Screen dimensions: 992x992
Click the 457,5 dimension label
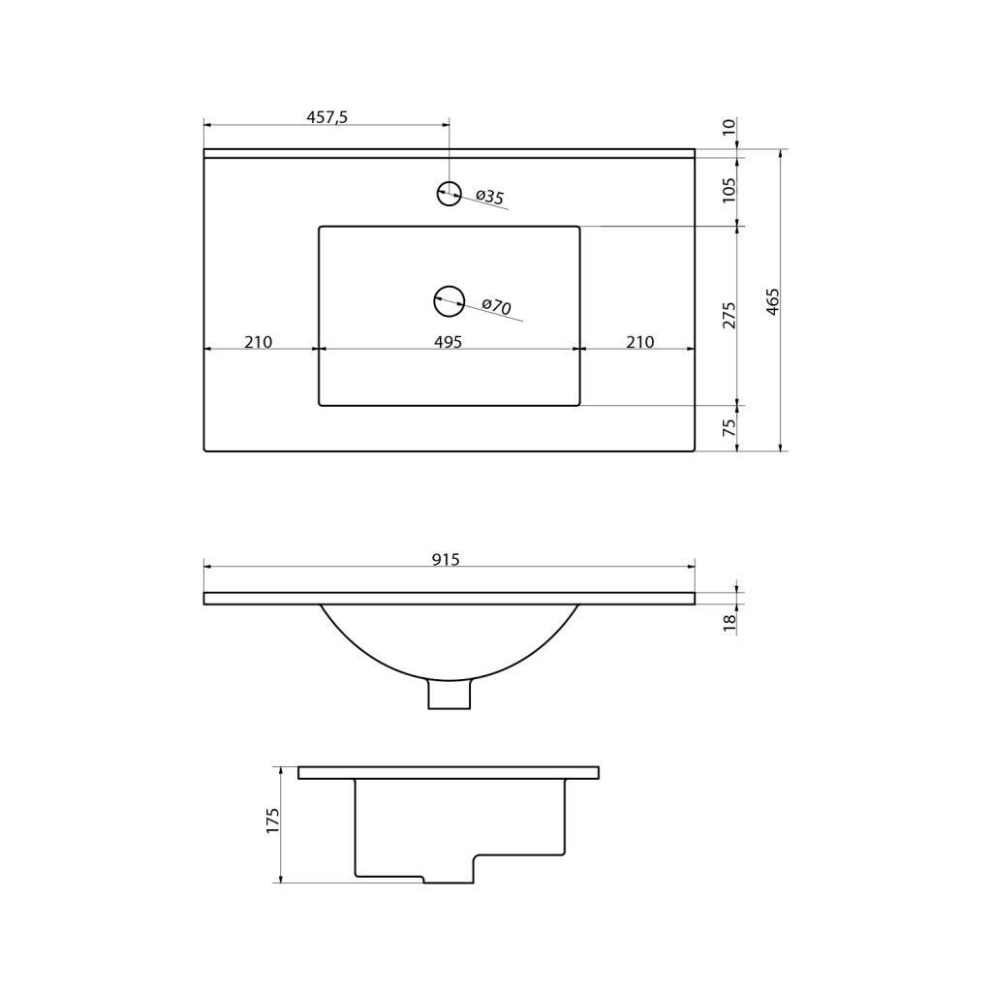coord(327,117)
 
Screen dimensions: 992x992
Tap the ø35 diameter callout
coord(490,197)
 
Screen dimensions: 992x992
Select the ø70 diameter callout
coord(497,306)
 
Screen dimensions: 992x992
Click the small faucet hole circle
coord(449,193)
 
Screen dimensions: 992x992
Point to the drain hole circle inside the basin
coord(449,301)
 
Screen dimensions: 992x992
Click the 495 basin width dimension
coord(448,342)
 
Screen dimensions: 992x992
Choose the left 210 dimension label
coord(258,342)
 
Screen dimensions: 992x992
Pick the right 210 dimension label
coord(640,342)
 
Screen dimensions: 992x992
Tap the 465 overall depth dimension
coord(772,302)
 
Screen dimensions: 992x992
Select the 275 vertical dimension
coord(729,315)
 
